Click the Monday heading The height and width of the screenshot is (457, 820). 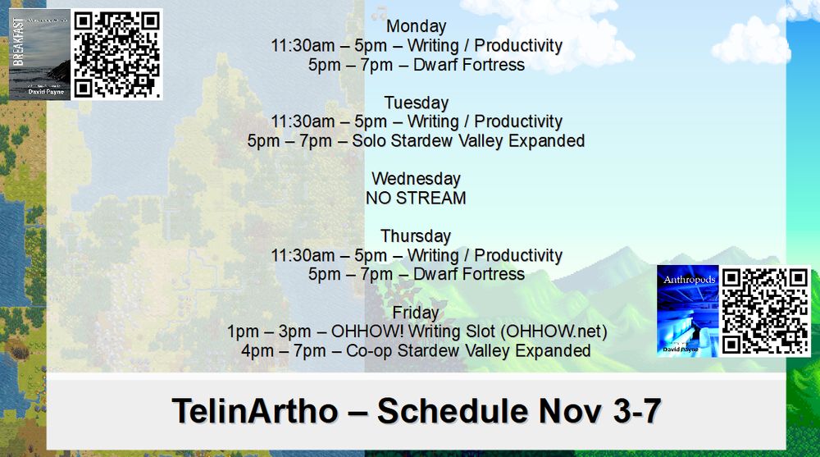416,26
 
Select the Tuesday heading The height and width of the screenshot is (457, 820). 416,103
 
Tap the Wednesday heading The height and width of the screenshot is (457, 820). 416,179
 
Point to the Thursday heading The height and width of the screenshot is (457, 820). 416,236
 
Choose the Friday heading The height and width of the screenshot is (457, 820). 416,313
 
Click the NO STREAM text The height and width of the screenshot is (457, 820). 416,198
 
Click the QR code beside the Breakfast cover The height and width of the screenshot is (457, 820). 117,54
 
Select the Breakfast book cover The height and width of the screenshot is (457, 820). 39,54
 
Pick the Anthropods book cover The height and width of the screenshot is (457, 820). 687,311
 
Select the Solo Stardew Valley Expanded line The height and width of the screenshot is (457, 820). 416,141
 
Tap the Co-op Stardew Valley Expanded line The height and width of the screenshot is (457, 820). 416,351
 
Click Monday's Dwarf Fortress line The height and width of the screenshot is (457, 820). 416,65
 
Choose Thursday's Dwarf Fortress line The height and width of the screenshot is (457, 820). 416,274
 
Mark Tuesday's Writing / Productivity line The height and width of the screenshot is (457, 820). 416,122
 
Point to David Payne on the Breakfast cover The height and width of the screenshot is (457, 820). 43,92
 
